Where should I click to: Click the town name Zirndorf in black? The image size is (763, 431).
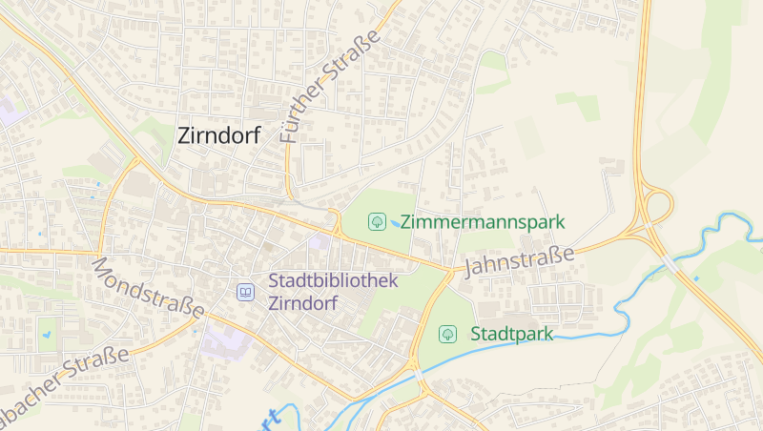(x=219, y=136)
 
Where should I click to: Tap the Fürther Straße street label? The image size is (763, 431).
(x=331, y=86)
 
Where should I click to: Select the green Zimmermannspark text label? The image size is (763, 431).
(x=483, y=222)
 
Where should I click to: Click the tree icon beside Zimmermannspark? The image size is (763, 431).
(x=378, y=222)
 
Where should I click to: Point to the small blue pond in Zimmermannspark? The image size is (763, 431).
(x=395, y=222)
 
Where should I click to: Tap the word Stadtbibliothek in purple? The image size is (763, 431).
(x=333, y=281)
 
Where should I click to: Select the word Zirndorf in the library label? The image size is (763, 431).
(x=304, y=304)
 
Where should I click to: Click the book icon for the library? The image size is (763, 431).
(x=246, y=292)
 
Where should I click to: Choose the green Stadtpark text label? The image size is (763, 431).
(x=511, y=334)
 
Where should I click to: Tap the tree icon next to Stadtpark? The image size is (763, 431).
(x=447, y=334)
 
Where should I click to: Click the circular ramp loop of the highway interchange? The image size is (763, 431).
(x=657, y=205)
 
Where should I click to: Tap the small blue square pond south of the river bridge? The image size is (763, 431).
(x=696, y=278)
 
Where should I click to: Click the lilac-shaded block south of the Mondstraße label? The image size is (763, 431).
(x=225, y=339)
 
